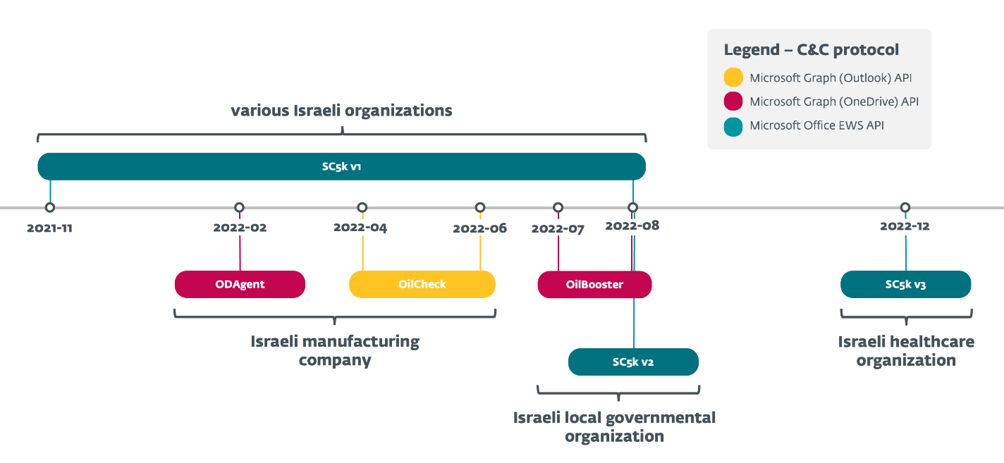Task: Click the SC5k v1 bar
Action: tap(341, 167)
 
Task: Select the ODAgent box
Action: tap(240, 285)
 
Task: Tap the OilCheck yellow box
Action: tap(422, 285)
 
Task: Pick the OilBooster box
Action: tap(594, 285)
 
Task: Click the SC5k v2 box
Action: tap(633, 362)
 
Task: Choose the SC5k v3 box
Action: tap(905, 285)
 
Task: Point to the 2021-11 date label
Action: tap(49, 228)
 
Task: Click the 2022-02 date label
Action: tap(240, 228)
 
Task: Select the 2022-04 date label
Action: tap(360, 228)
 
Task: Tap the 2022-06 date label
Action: tap(479, 228)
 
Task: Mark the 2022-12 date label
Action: tap(905, 226)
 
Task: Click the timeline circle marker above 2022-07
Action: tap(558, 207)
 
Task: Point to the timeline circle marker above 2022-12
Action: tap(905, 207)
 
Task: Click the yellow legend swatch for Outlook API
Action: tap(733, 78)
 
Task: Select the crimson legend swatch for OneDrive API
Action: tap(733, 101)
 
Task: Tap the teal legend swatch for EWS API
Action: tap(733, 126)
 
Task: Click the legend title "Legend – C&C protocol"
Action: tap(811, 50)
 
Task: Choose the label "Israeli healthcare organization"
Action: tap(906, 351)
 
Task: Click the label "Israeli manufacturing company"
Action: tap(335, 351)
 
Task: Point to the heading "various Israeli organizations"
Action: tap(341, 111)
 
